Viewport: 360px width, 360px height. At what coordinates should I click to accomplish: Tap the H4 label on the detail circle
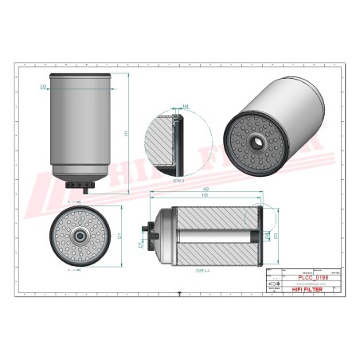tap(186, 106)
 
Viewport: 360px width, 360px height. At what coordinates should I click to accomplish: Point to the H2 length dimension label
tap(205, 190)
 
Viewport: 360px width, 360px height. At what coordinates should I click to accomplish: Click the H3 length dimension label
tap(205, 196)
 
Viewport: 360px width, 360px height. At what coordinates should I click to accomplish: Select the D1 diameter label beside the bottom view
tap(118, 236)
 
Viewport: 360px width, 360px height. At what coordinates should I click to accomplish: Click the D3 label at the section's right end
tap(276, 237)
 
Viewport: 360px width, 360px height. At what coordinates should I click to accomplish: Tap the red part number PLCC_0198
tap(307, 277)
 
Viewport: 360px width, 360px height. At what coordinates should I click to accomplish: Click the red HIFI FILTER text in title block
tap(306, 292)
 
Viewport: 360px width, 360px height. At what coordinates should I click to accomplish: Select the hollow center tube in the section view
tap(213, 237)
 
